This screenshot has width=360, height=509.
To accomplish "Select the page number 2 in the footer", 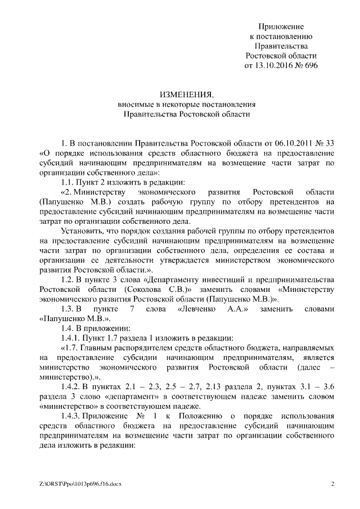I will (x=332, y=484).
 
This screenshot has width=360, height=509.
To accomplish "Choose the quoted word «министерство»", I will (x=69, y=407).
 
